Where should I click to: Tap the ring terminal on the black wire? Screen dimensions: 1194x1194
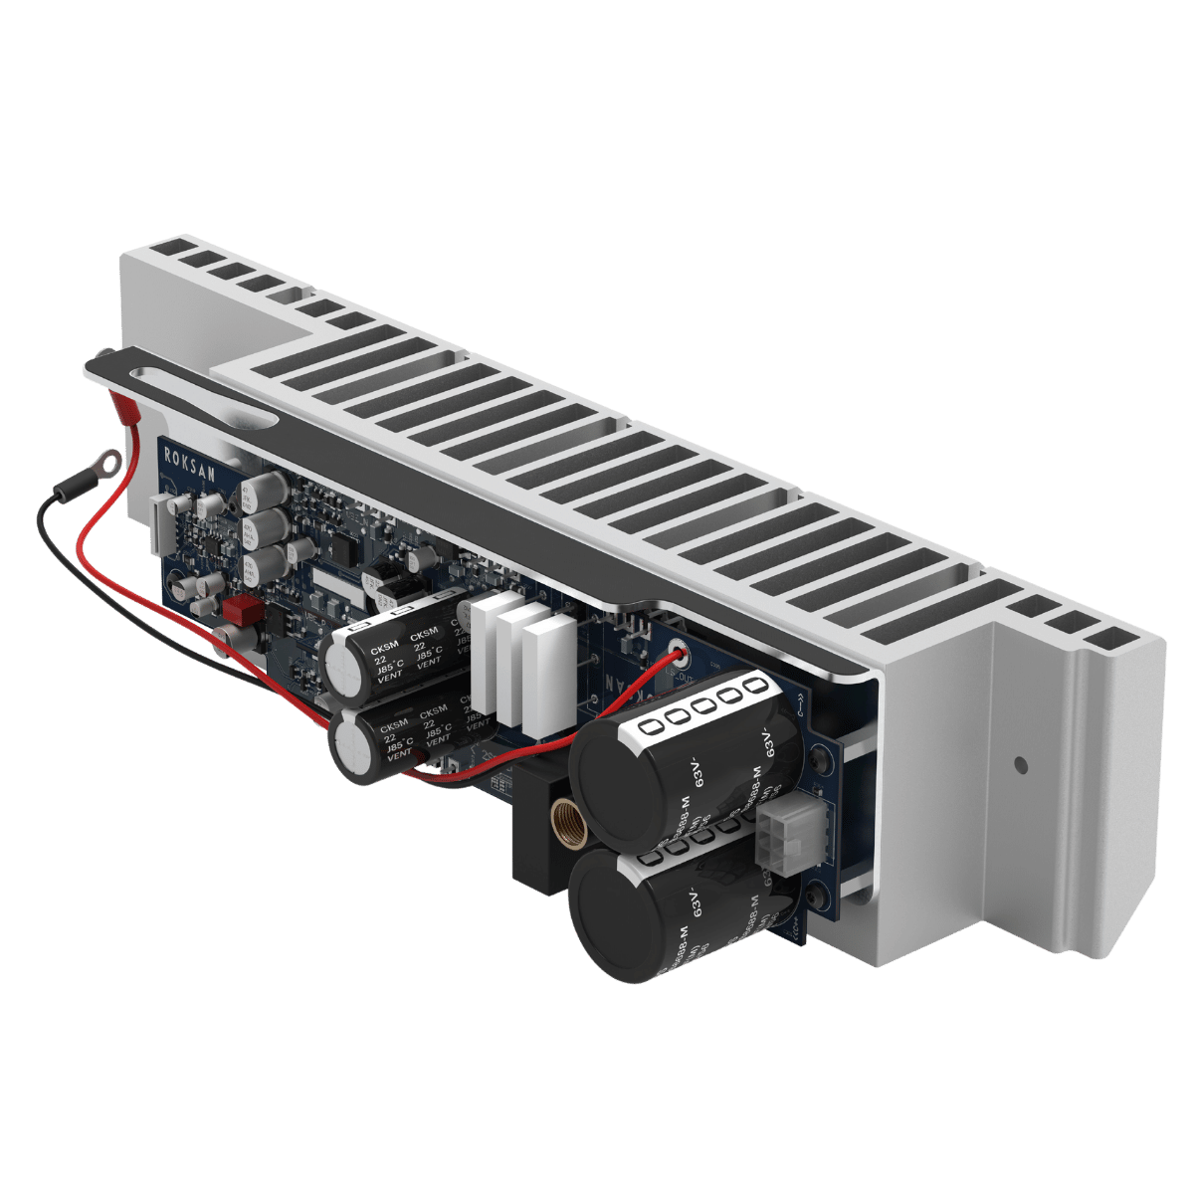pyautogui.click(x=106, y=462)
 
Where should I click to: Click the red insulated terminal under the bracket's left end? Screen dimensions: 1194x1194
pyautogui.click(x=126, y=407)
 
